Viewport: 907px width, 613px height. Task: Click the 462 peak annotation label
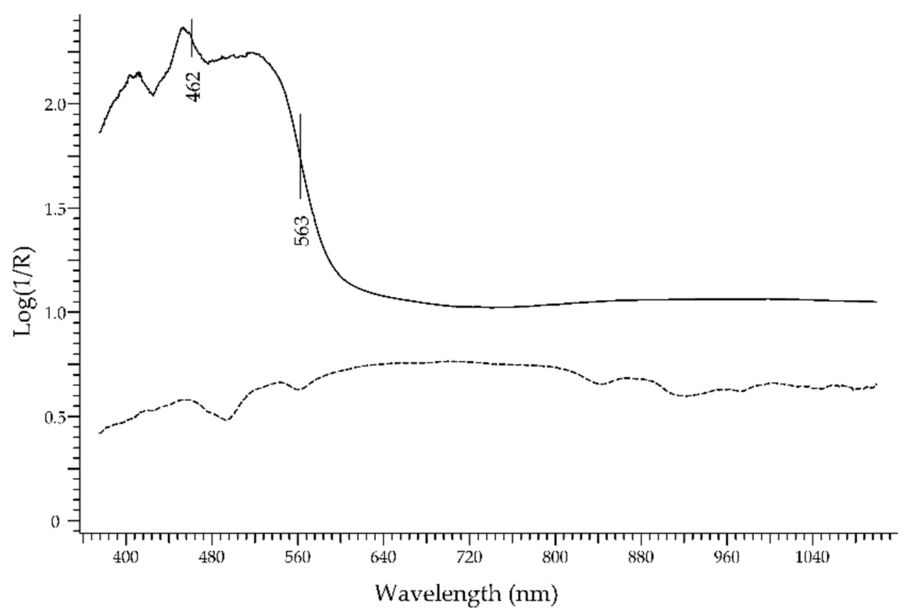(194, 86)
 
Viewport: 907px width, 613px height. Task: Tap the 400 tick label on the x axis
(126, 558)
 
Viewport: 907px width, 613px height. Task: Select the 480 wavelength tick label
(212, 558)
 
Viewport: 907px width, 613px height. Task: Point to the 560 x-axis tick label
(298, 558)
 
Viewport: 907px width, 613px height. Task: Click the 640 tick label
(383, 558)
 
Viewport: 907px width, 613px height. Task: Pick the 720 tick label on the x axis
(469, 558)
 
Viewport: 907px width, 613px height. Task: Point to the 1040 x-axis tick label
(812, 558)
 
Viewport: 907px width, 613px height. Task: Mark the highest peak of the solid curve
(182, 28)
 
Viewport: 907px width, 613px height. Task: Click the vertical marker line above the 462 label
(191, 38)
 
